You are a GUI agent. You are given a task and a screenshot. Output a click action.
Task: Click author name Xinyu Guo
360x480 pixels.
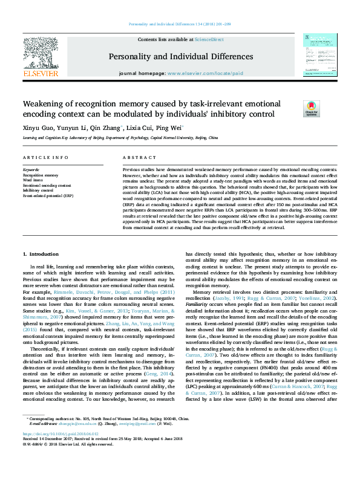[x=35, y=128]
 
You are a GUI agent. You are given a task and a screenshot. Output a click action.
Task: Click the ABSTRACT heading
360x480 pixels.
[x=135, y=158]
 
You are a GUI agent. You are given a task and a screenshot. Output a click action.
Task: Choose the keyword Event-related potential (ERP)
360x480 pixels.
[x=48, y=196]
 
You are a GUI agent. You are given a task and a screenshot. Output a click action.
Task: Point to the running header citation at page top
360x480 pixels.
[x=180, y=25]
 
